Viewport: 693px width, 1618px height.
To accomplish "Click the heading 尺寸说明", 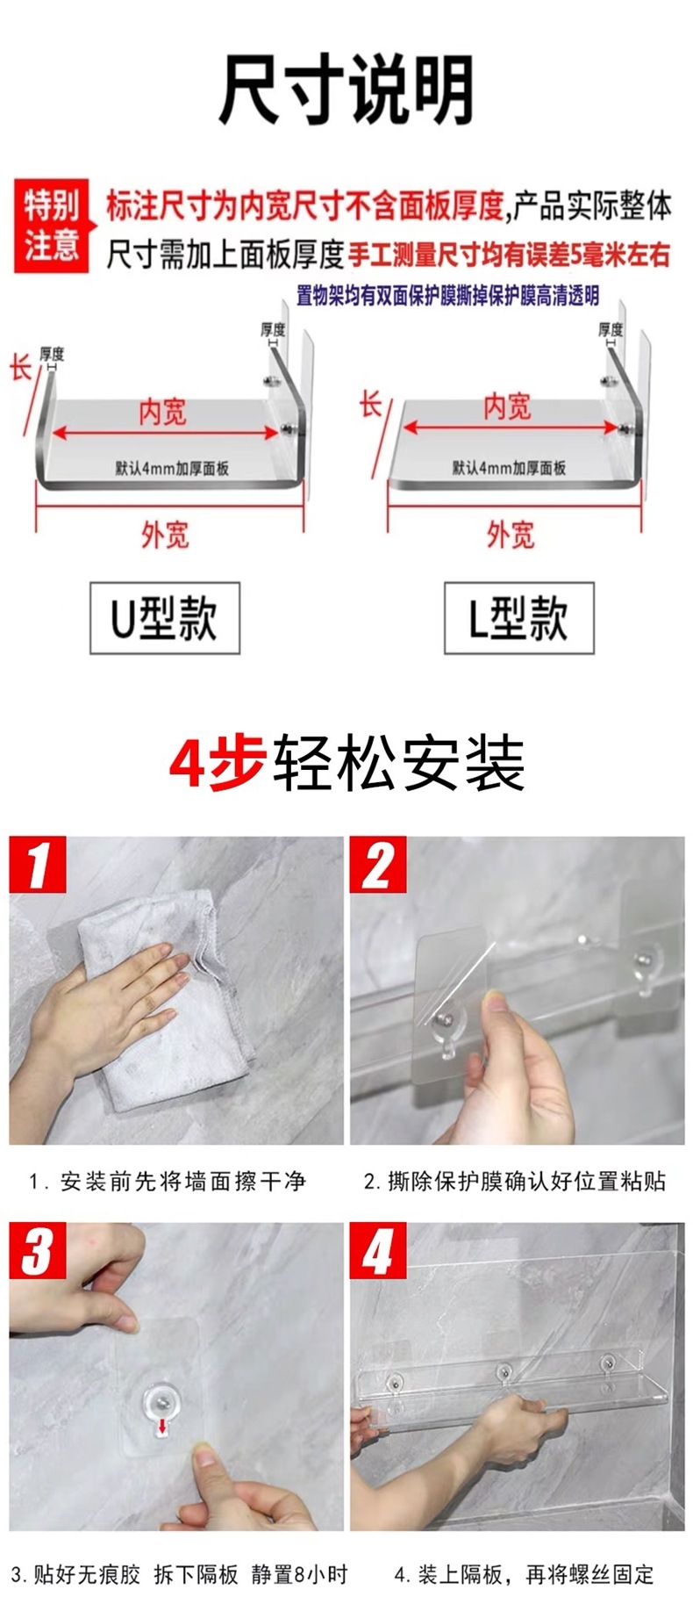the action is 346,90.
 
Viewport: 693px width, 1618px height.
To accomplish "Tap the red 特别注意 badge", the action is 52,226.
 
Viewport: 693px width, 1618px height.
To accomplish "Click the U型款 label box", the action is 164,617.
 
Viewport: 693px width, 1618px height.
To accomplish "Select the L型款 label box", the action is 518,617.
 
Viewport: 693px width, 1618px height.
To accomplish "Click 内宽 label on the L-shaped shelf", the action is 507,407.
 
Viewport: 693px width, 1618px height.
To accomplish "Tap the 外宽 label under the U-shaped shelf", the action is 165,535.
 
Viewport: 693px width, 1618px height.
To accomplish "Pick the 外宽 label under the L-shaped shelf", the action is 511,535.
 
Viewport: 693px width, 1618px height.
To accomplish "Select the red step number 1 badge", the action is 38,866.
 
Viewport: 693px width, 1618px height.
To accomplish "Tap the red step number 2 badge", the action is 378,866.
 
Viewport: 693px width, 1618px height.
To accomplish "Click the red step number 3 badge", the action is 38,1251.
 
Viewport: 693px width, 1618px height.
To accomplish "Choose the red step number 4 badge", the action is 378,1251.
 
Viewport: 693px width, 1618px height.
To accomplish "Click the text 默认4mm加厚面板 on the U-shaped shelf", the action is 172,468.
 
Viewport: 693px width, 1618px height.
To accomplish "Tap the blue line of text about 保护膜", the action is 447,296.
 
